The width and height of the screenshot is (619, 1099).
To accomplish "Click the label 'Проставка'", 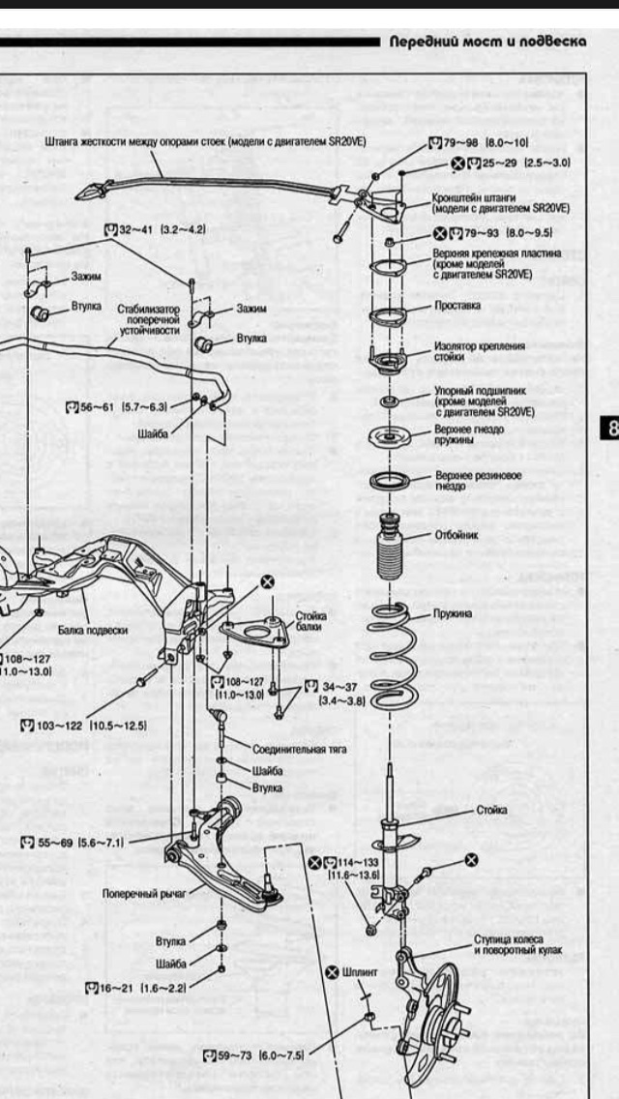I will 457,305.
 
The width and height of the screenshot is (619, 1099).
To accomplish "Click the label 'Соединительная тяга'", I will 300,749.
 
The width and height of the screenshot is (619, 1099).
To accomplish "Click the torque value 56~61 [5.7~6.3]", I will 123,407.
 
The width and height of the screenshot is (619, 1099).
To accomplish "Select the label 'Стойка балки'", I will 310,621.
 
